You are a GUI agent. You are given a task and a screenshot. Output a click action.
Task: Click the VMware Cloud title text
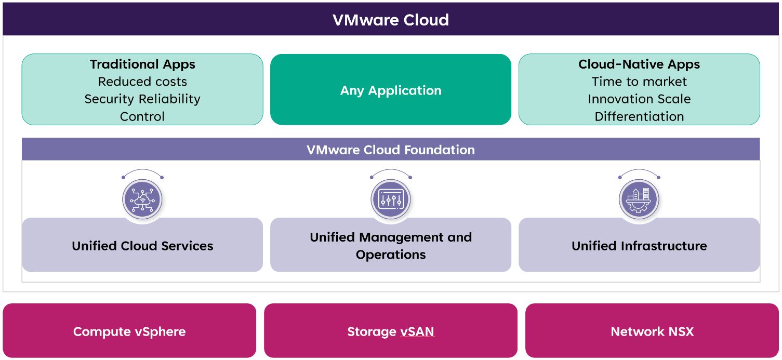[x=390, y=20]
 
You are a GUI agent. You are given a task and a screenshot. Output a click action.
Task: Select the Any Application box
[x=390, y=90]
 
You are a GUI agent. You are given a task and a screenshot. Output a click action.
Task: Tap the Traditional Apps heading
[x=142, y=64]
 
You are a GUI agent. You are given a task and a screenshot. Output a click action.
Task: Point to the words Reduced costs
[x=142, y=82]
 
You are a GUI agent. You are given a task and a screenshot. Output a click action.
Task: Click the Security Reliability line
[x=142, y=99]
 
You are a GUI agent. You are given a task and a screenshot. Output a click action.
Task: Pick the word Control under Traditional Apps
[x=142, y=116]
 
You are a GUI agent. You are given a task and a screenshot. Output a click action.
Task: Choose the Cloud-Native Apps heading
[x=639, y=64]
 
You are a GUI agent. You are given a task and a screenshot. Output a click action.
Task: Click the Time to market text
[x=639, y=82]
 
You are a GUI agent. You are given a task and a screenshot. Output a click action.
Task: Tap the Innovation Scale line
[x=639, y=99]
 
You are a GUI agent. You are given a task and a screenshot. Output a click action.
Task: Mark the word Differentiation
[x=639, y=116]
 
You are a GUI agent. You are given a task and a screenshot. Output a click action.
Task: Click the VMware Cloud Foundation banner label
[x=390, y=150]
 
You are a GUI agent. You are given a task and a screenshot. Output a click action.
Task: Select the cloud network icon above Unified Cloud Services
[x=142, y=199]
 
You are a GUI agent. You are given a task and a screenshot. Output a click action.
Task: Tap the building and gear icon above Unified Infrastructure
[x=639, y=199]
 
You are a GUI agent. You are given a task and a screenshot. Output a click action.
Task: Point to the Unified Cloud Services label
[x=142, y=246]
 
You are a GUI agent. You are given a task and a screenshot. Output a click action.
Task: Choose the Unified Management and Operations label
[x=390, y=246]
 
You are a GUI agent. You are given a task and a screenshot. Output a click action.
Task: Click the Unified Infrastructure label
[x=639, y=246]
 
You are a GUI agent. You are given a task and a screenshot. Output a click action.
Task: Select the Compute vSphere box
[x=129, y=331]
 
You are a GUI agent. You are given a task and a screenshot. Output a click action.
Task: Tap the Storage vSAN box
[x=390, y=331]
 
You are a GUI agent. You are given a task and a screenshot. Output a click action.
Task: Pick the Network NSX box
[x=652, y=331]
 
